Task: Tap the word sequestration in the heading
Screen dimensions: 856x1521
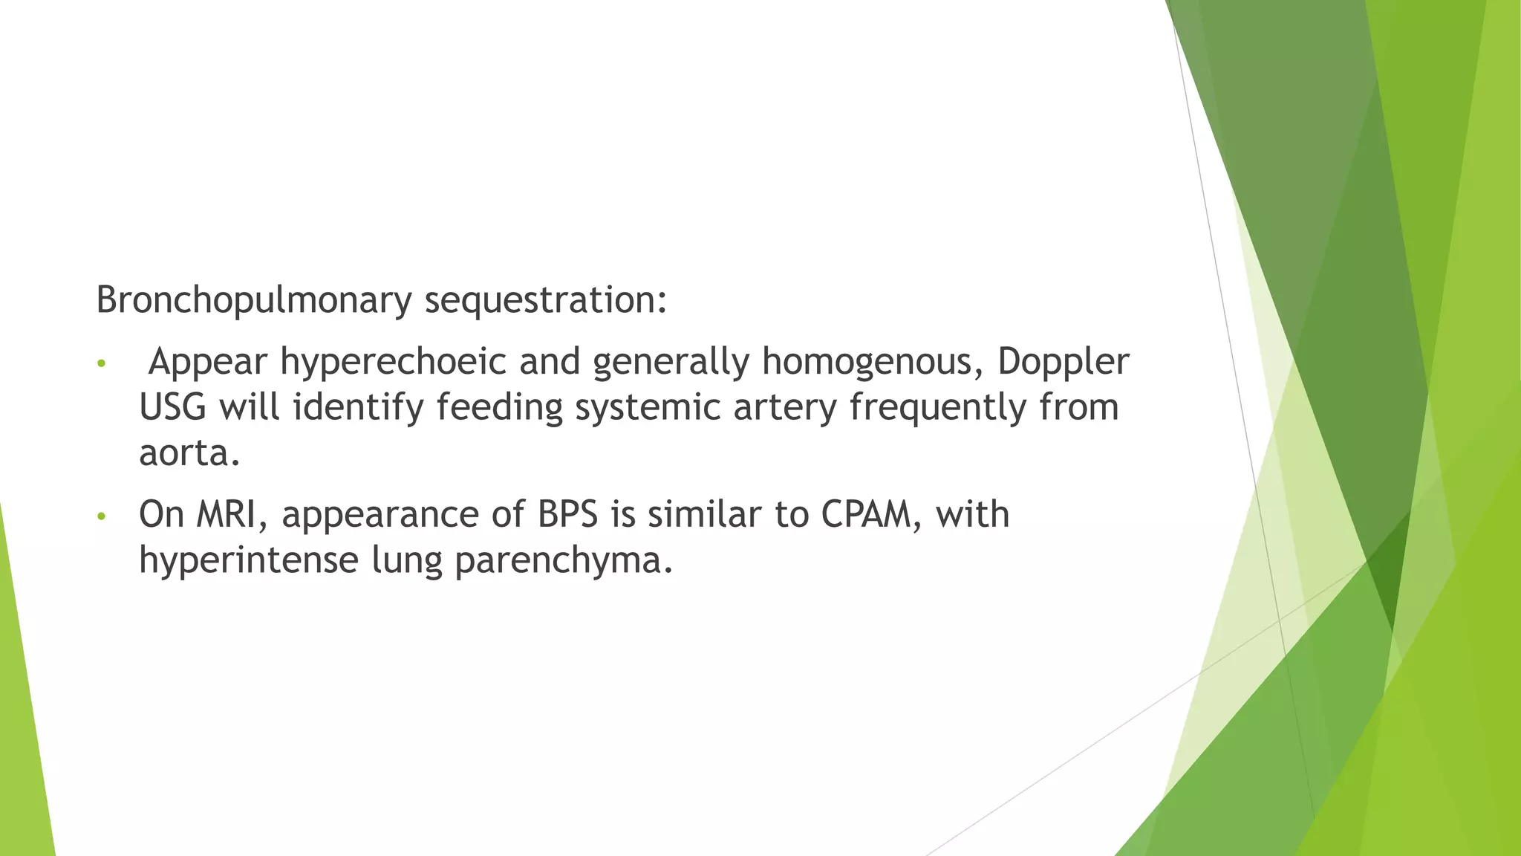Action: point(545,301)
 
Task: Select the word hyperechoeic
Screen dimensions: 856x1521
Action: point(393,363)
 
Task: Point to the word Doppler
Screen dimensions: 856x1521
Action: point(1063,363)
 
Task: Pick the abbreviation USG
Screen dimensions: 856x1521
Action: point(172,407)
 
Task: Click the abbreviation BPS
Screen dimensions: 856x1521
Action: point(567,514)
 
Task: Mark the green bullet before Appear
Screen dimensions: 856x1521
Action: point(102,365)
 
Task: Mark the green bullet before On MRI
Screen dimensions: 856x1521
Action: point(102,516)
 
